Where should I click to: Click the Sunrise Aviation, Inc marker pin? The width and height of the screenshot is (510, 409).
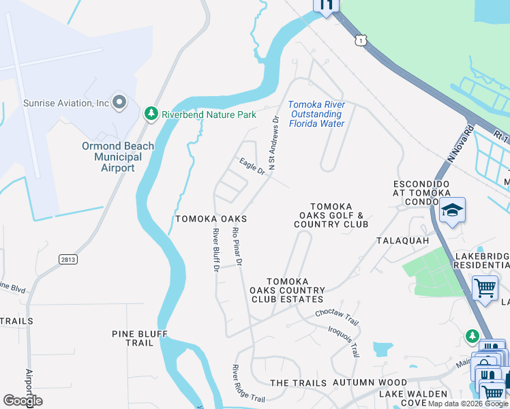coord(120,103)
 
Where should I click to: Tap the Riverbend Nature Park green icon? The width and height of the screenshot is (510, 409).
coord(151,114)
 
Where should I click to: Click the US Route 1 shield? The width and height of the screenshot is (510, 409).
coord(361,41)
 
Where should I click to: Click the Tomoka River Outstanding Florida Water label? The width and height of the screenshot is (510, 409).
coord(316,114)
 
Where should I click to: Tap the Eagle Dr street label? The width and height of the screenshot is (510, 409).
coord(252,166)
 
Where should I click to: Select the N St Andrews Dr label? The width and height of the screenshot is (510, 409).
coord(273,142)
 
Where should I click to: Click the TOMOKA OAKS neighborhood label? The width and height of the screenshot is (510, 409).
coord(211,219)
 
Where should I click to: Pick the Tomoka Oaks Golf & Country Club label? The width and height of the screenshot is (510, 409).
coord(339,215)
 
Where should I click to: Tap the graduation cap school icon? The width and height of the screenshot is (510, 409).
coord(451,211)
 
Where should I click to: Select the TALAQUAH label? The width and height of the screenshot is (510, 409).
coord(403,241)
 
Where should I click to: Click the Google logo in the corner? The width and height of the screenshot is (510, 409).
coord(23,401)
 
